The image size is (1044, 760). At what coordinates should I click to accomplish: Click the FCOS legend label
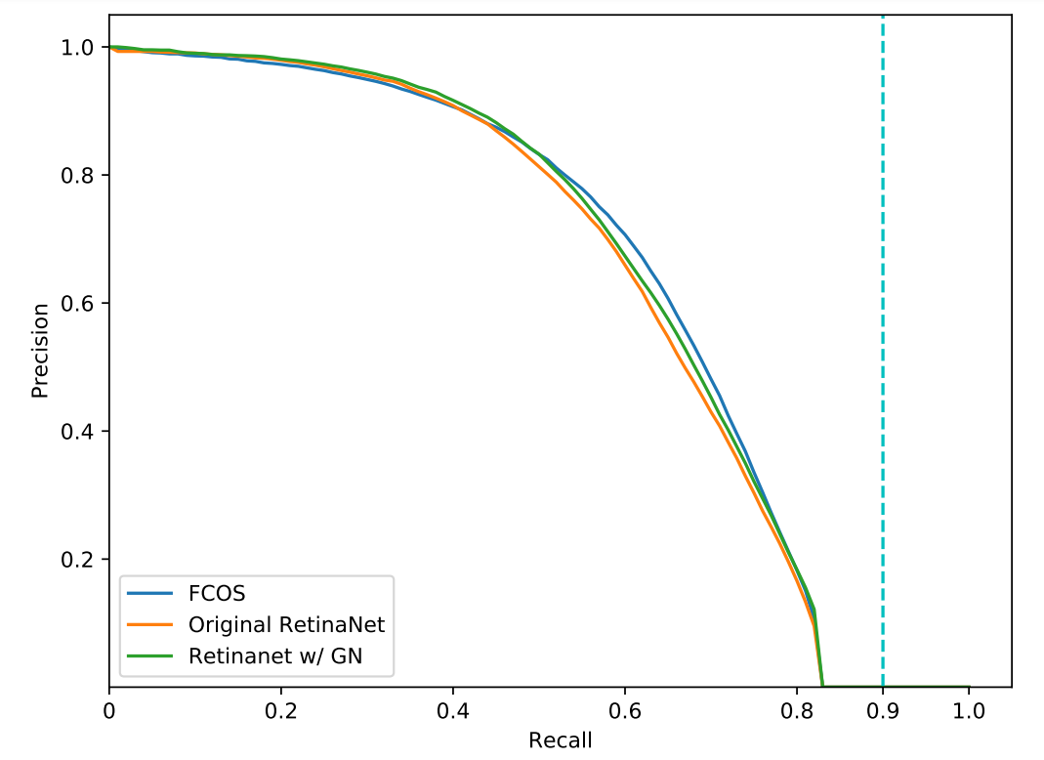coord(217,593)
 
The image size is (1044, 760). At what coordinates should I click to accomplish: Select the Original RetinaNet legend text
coord(286,625)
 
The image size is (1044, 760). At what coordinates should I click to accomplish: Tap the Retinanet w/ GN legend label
coord(275,656)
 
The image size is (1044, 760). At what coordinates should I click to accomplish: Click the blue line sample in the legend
coord(149,593)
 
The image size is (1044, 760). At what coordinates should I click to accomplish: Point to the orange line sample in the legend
coord(149,625)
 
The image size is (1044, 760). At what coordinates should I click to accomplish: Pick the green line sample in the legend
coord(149,656)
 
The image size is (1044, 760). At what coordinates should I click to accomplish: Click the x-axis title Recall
coord(560,740)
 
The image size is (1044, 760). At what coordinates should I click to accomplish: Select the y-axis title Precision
coord(40,351)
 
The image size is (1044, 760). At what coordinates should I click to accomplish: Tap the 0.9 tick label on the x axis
coord(883,711)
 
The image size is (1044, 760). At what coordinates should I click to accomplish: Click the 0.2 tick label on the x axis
coord(281,711)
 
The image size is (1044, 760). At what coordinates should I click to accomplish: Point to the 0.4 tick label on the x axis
coord(453,711)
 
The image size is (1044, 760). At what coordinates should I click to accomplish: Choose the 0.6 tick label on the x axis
coord(624,711)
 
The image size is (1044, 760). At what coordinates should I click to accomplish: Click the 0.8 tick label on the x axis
coord(796,711)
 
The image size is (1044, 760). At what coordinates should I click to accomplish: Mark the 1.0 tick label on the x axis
coord(968,711)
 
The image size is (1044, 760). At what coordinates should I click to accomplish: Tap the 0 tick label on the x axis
coord(109,711)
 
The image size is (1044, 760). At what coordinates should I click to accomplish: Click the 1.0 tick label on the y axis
coord(76,47)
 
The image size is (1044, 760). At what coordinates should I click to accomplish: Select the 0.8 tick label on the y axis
coord(76,175)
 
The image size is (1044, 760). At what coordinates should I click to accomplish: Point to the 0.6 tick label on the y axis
coord(76,303)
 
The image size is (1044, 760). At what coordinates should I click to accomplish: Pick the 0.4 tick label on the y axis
coord(76,431)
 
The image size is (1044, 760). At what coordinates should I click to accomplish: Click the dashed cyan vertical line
coord(883,351)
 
